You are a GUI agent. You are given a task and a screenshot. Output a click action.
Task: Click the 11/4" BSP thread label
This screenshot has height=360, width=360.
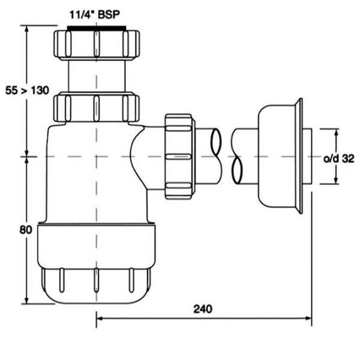pos(95,15)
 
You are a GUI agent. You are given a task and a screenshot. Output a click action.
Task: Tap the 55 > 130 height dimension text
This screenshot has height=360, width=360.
pos(27,90)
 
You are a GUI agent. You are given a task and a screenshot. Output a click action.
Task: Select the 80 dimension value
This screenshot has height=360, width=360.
pos(26,230)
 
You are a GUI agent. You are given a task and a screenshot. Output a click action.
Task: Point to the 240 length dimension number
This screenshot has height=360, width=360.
pos(203,309)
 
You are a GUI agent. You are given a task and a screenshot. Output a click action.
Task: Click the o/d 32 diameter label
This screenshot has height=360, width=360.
pos(339,158)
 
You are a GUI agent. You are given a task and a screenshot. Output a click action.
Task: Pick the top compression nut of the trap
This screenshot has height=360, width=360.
pos(97,44)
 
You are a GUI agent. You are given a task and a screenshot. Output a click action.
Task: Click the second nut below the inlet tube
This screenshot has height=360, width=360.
pos(97,107)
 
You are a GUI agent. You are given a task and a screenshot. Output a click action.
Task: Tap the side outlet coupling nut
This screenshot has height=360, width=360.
pos(180,157)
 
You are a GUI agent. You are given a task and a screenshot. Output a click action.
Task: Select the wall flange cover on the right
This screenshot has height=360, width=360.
pos(280,156)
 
